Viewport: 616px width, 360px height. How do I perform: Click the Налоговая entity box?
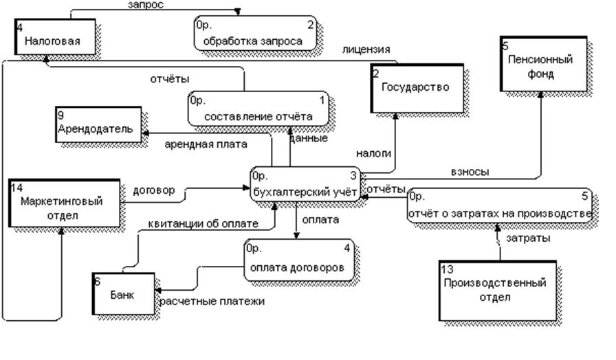pyautogui.click(x=52, y=39)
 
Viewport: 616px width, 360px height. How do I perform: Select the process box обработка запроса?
pyautogui.click(x=255, y=34)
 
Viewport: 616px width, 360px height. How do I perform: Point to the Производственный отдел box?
pyautogui.click(x=495, y=289)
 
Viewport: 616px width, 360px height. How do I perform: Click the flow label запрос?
pyautogui.click(x=146, y=5)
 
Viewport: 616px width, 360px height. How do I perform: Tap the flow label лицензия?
pyautogui.click(x=366, y=49)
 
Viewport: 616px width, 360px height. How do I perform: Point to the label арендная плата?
pyautogui.click(x=206, y=144)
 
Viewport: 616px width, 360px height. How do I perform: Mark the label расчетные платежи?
pyautogui.click(x=212, y=301)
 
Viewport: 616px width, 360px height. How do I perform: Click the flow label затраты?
pyautogui.click(x=528, y=238)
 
